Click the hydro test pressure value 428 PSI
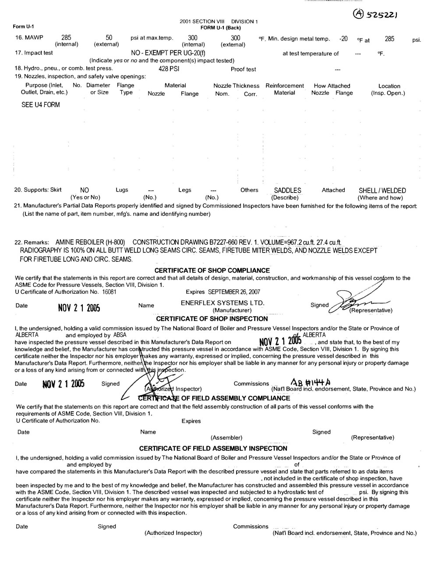(169, 69)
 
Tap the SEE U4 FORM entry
(41, 105)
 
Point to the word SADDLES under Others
(287, 190)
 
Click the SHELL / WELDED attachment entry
(382, 191)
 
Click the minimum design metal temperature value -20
(343, 39)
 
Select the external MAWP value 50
(109, 38)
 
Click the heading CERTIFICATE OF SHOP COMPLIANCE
(212, 270)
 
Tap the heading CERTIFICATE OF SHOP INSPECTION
(212, 319)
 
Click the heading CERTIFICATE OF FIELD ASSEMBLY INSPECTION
(213, 448)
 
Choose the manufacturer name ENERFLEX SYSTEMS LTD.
(223, 303)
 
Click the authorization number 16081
(109, 292)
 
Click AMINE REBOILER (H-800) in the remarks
(90, 242)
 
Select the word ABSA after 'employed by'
(120, 335)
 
